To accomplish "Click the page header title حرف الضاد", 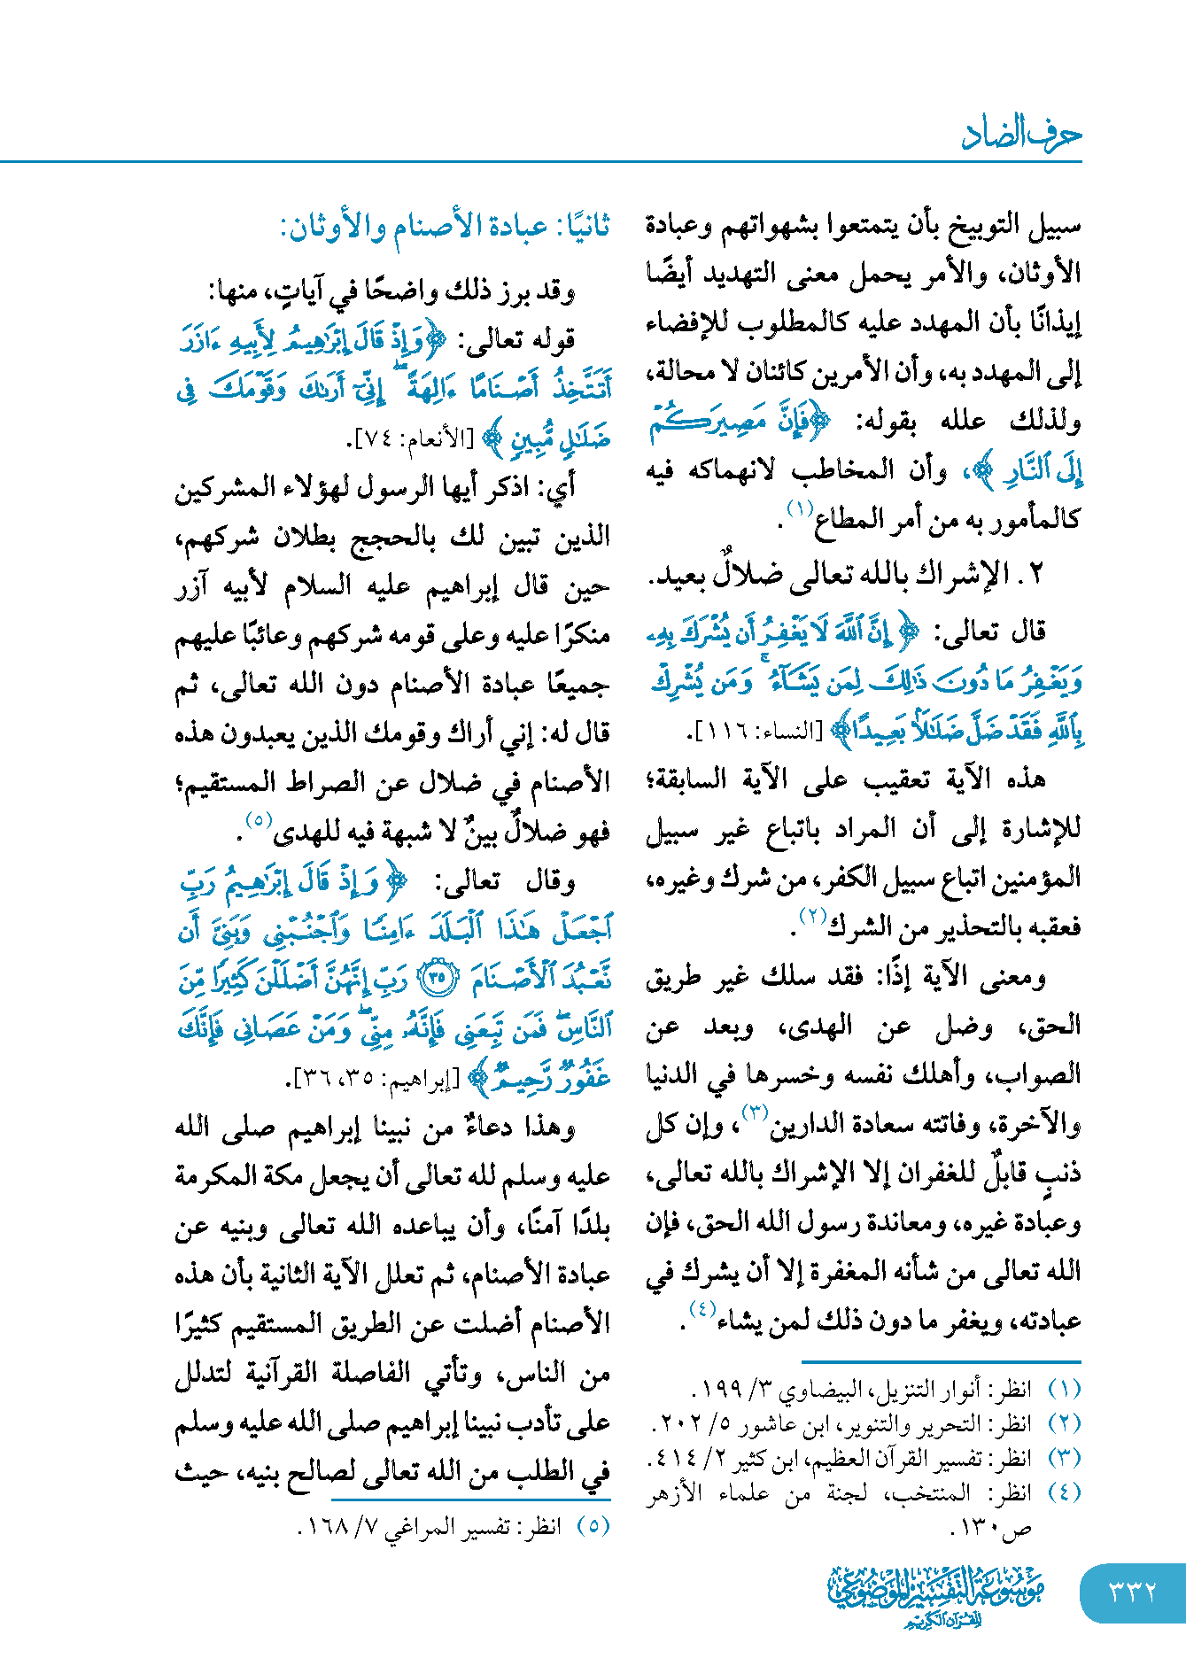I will click(x=1021, y=134).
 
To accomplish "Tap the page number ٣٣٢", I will click(x=1133, y=1592).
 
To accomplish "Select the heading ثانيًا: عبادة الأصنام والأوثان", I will click(x=445, y=229).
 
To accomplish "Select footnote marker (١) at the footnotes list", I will click(x=1064, y=1389).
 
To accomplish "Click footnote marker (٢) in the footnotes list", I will click(x=1064, y=1423).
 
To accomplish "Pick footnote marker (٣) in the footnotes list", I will click(x=1064, y=1458).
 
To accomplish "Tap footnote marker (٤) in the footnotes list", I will click(x=1064, y=1492).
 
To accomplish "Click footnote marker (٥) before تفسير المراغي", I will click(x=593, y=1526).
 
